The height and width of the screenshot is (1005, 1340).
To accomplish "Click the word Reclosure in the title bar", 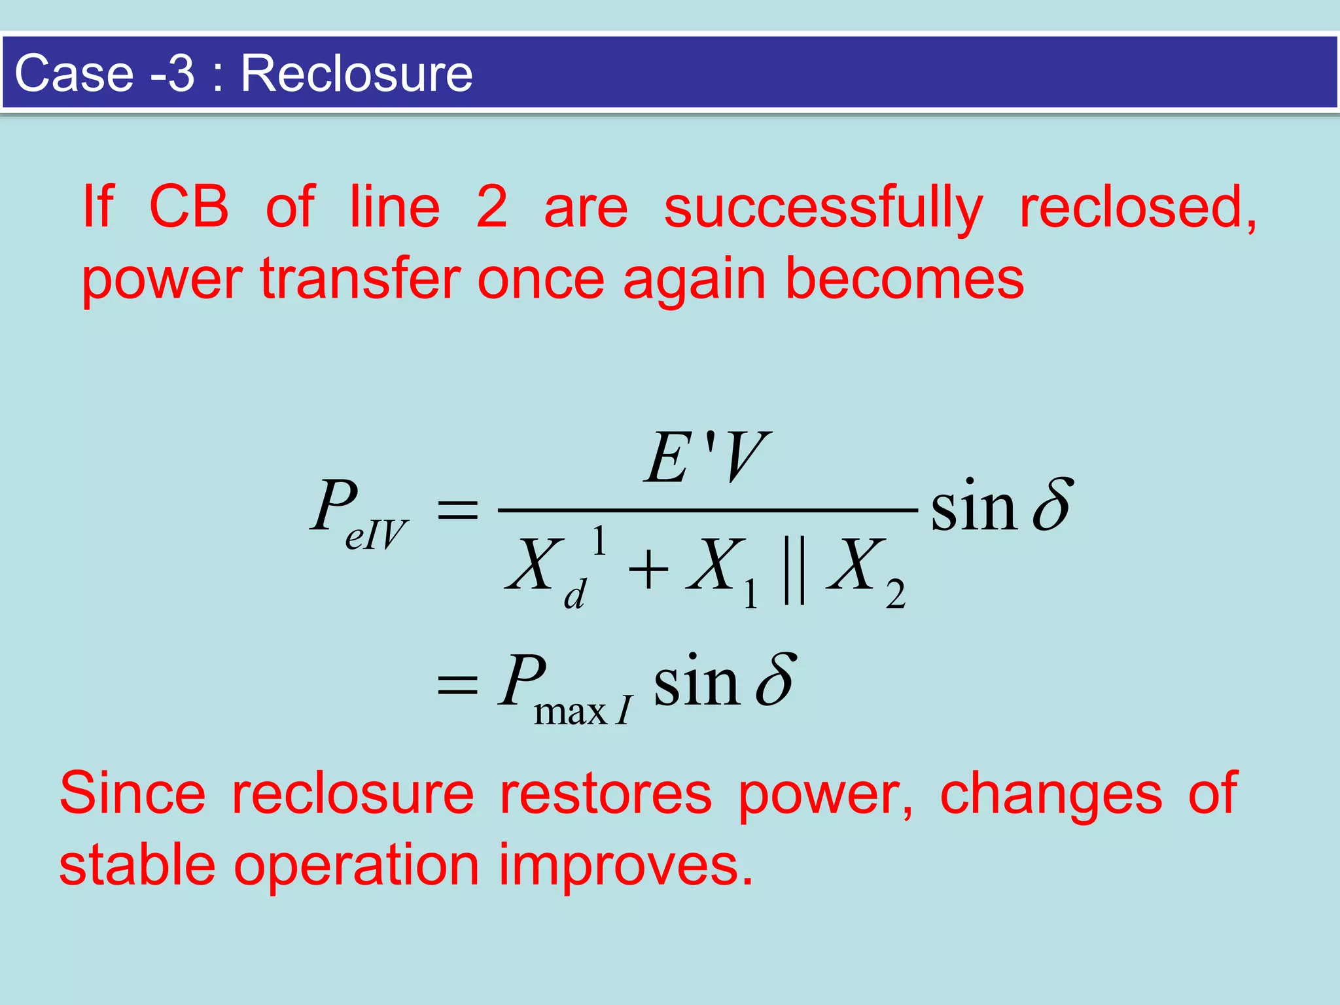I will click(357, 73).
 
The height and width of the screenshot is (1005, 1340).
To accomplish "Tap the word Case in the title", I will click(74, 73).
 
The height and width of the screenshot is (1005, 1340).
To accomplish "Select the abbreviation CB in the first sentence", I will click(189, 207).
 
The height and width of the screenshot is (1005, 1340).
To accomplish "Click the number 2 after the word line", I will click(491, 207).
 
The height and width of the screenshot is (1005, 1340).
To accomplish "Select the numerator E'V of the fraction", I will click(705, 458).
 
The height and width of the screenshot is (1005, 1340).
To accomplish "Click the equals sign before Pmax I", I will click(457, 686).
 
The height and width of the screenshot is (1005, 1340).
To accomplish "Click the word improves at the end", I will click(625, 865).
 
